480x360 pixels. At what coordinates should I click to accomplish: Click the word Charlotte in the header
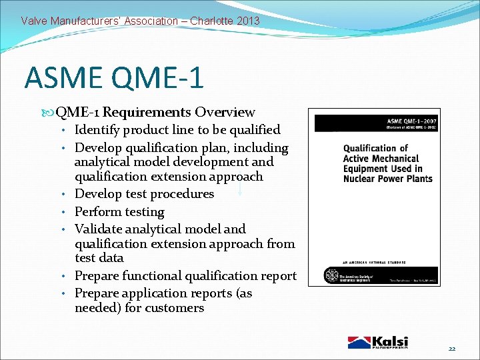point(211,21)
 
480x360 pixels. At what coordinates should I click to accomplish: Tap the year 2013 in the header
point(248,21)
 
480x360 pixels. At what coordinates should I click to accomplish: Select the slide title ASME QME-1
point(114,77)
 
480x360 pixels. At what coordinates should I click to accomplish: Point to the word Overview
point(224,112)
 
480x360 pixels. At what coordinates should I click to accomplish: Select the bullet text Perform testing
point(119,212)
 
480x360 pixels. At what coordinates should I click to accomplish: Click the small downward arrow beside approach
point(239,189)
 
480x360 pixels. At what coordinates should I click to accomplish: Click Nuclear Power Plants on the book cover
point(387,178)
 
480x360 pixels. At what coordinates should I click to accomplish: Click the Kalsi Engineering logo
point(378,342)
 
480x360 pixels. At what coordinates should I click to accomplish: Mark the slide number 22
point(451,349)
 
